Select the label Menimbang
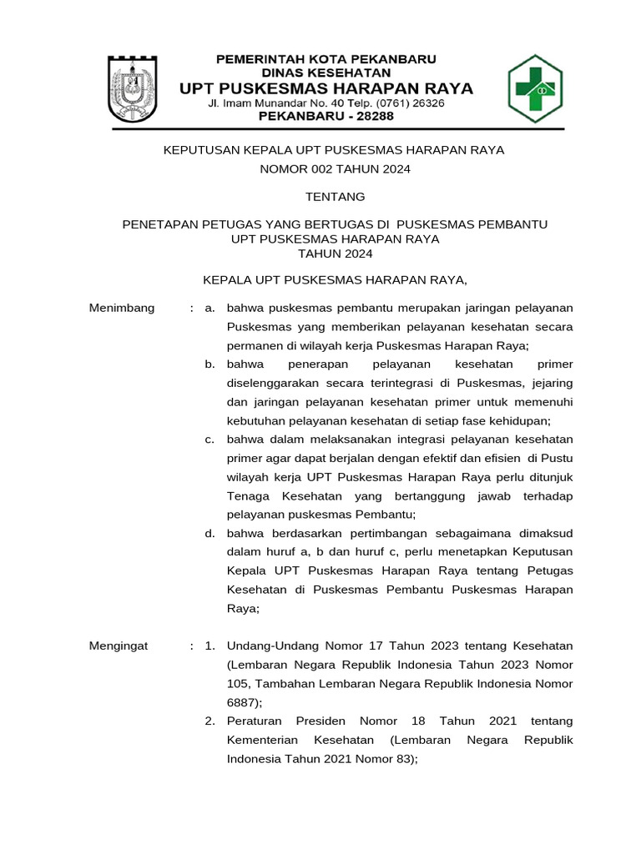coord(122,309)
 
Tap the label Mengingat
coord(119,646)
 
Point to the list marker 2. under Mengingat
coord(210,721)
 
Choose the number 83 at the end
coord(400,759)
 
